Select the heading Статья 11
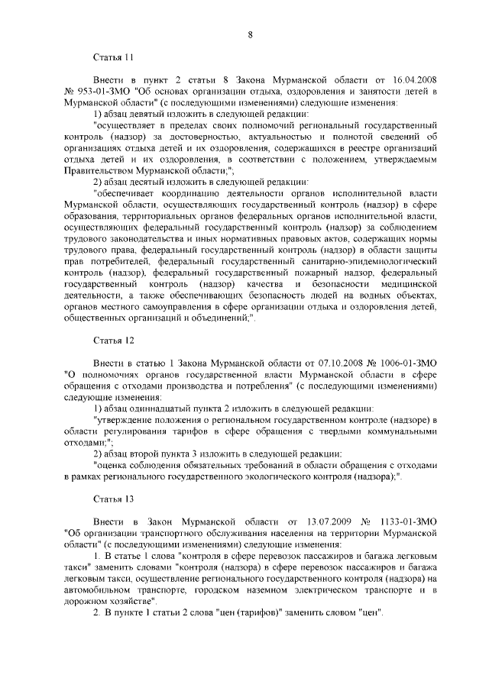pyautogui.click(x=113, y=57)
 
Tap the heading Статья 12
pyautogui.click(x=113, y=340)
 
